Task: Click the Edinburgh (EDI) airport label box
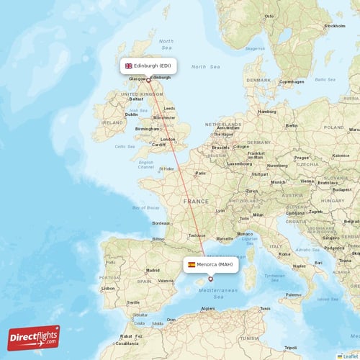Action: (148, 66)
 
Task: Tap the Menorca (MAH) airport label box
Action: (210, 264)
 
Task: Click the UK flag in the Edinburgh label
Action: (129, 66)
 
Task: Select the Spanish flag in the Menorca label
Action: (192, 264)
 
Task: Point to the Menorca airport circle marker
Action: (210, 279)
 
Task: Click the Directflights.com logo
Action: (34, 337)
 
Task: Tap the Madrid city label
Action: (153, 270)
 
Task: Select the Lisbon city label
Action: (109, 288)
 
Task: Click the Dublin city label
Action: (131, 114)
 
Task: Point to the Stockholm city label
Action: (335, 25)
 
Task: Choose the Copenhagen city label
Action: (292, 81)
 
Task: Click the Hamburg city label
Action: (267, 112)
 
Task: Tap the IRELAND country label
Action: (112, 122)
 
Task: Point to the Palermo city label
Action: (292, 294)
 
